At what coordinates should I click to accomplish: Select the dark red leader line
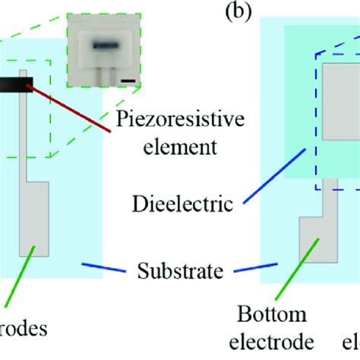pyautogui.click(x=72, y=107)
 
